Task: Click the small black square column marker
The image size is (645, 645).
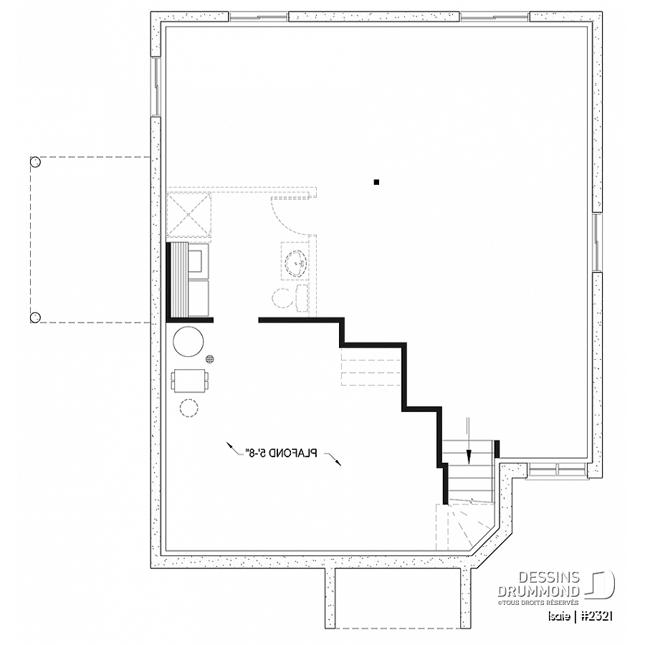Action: click(x=376, y=182)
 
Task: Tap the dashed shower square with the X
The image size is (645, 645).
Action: click(x=188, y=215)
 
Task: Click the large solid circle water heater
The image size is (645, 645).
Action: click(x=188, y=341)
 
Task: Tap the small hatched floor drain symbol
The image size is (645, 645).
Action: click(x=210, y=359)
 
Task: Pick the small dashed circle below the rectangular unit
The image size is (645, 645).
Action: click(x=188, y=408)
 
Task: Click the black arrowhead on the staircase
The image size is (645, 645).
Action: click(x=468, y=457)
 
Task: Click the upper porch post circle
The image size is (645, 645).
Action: click(x=35, y=162)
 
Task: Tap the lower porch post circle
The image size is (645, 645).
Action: click(x=35, y=317)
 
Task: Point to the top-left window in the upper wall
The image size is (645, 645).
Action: click(x=259, y=17)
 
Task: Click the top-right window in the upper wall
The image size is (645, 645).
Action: click(x=494, y=17)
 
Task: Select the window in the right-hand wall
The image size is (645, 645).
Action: click(x=597, y=242)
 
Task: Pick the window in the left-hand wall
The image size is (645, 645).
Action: click(x=156, y=87)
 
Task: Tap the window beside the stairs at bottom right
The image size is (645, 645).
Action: click(x=558, y=469)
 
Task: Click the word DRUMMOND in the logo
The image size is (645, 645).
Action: click(x=539, y=591)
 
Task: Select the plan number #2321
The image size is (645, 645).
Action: click(x=597, y=616)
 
